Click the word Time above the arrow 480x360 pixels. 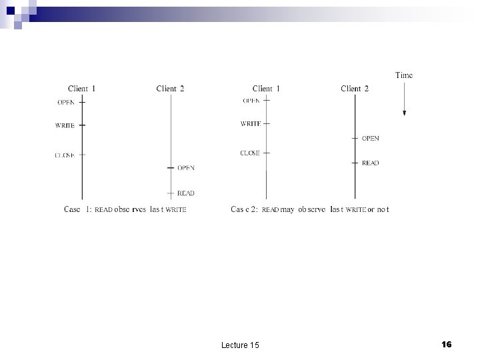(404, 75)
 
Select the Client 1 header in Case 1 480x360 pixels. (82, 89)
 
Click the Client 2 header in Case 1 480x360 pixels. (170, 89)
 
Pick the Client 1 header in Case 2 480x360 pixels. (266, 89)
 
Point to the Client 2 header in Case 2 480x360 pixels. (355, 89)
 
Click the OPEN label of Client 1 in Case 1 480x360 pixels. (66, 102)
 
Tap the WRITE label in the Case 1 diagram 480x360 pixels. (65, 125)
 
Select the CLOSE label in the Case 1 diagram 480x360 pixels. (65, 155)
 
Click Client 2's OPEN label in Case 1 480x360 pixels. (186, 167)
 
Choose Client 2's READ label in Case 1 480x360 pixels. (186, 193)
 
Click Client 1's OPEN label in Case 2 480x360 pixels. (251, 101)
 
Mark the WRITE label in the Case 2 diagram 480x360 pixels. (251, 123)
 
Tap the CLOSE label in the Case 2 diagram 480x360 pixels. (250, 153)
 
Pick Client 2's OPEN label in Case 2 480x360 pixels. (370, 139)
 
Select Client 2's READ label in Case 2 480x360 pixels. (370, 163)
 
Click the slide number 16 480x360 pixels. (447, 344)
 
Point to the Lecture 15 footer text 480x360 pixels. (240, 345)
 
